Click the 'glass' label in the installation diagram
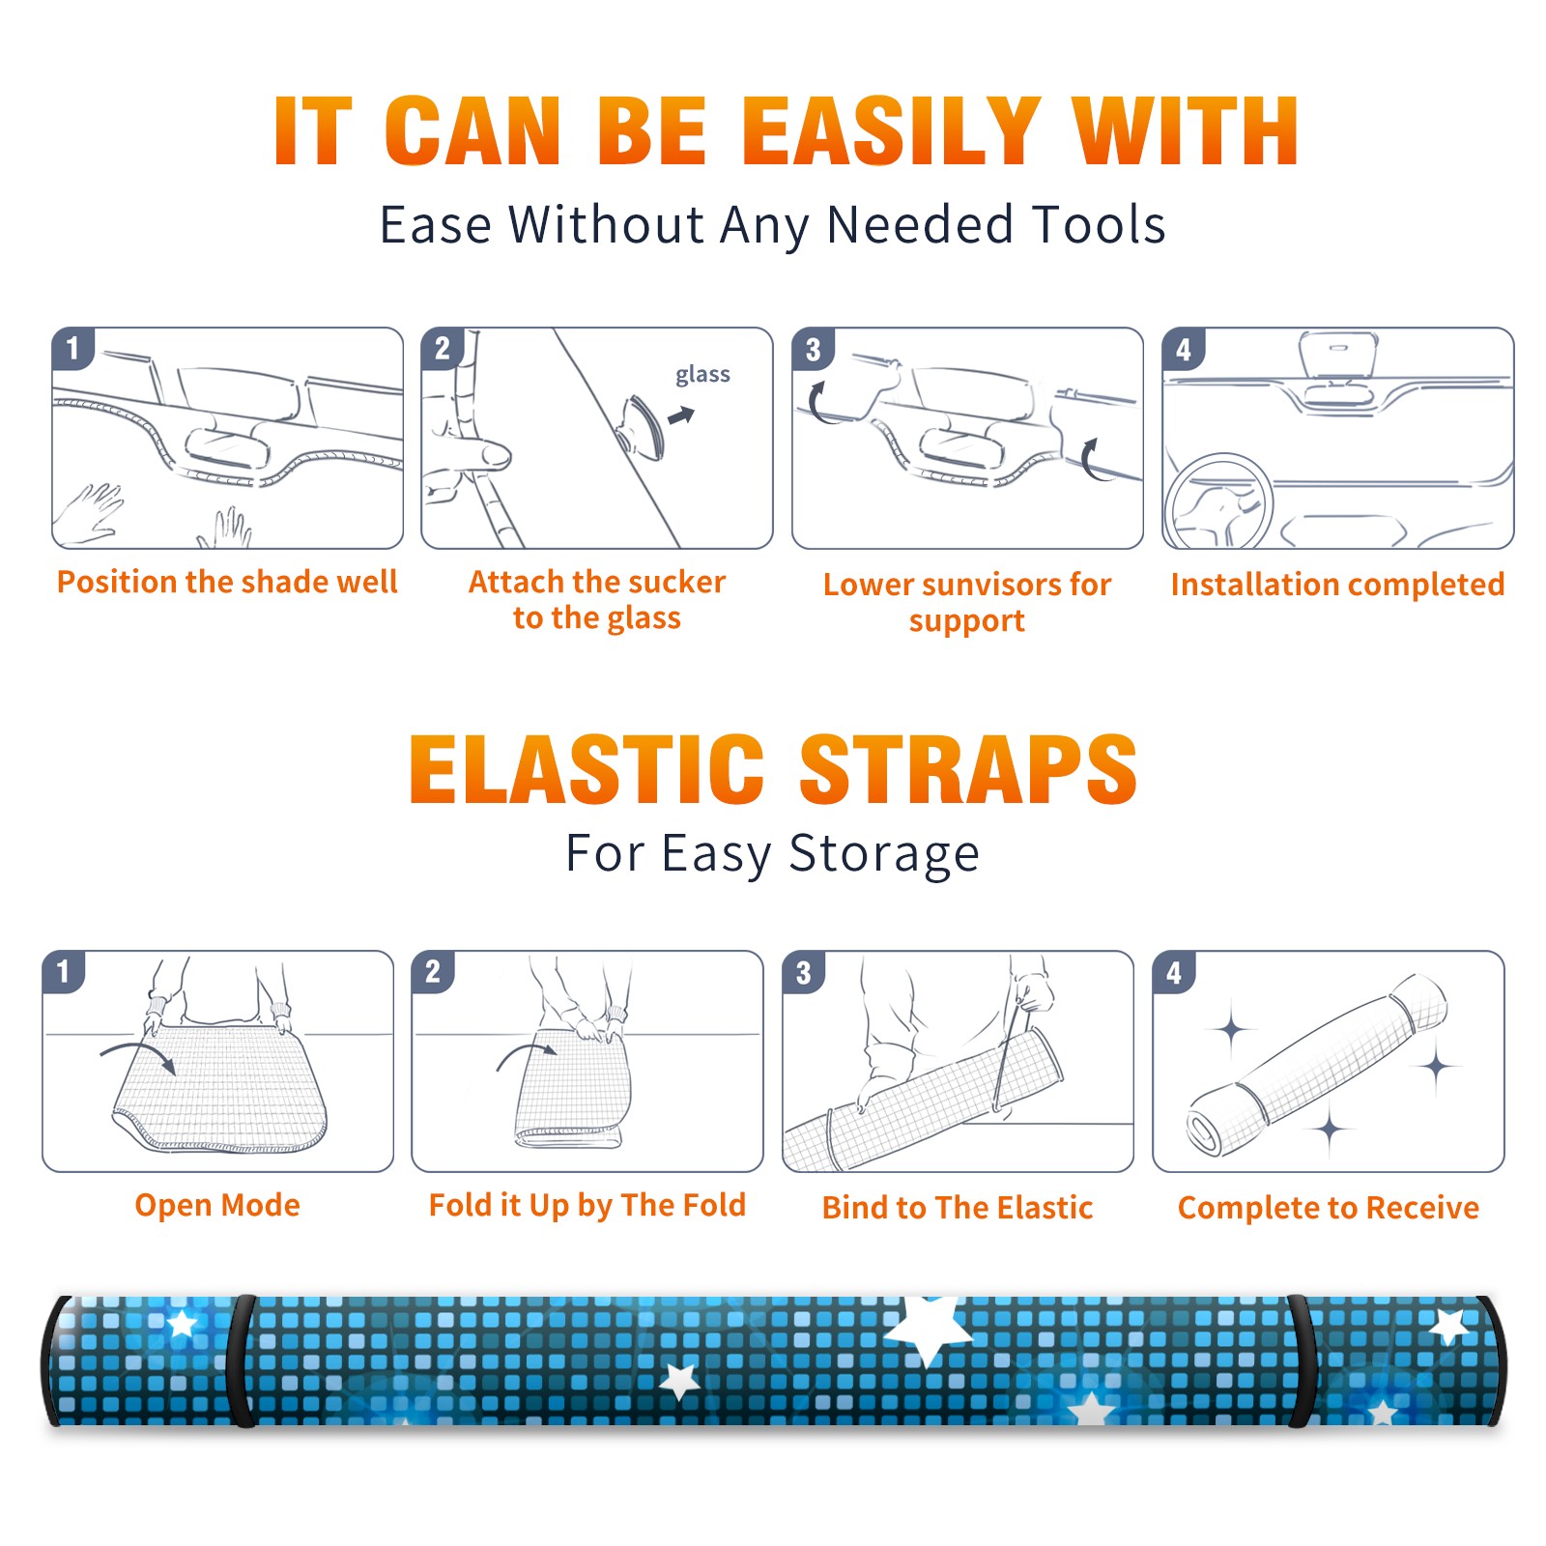[x=702, y=375]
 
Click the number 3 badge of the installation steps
[x=813, y=350]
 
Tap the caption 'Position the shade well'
[x=227, y=582]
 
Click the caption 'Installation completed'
[x=1337, y=584]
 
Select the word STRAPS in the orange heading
[x=968, y=769]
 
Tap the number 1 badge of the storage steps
[x=64, y=972]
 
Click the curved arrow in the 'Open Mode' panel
[x=138, y=1055]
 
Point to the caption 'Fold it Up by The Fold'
[x=587, y=1205]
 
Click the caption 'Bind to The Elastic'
[x=958, y=1208]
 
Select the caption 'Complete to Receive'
[x=1329, y=1208]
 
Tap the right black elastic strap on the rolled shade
[x=1300, y=1360]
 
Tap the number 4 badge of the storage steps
[x=1174, y=972]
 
